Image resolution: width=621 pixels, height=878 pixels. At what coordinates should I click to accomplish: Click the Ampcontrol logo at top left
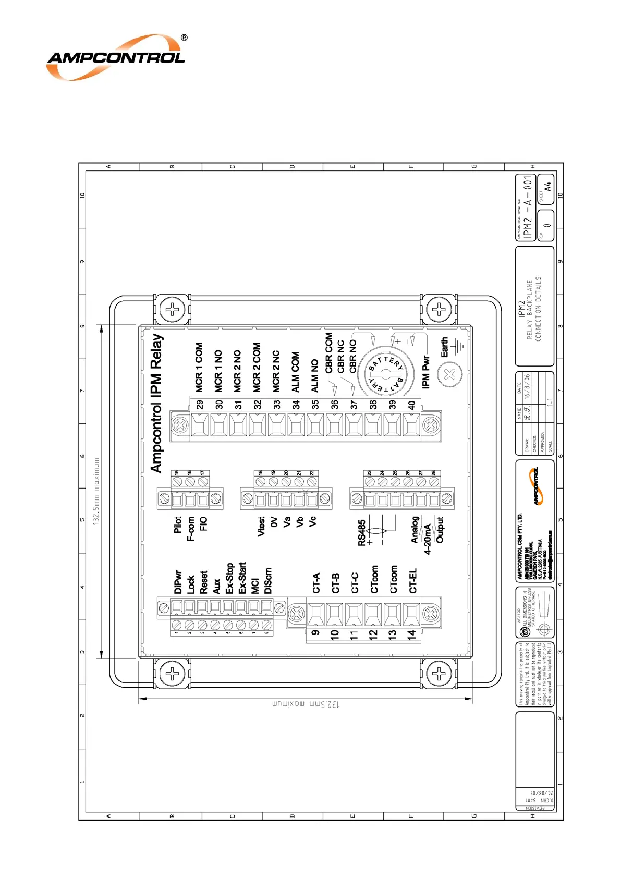pos(116,57)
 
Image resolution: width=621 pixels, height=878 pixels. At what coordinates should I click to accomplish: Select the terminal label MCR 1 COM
pos(199,367)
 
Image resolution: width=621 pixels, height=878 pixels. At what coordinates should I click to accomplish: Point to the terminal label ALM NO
pos(315,375)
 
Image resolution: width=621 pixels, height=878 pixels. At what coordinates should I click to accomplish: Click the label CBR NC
pos(341,357)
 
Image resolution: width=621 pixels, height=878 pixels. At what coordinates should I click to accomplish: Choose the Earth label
pos(444,347)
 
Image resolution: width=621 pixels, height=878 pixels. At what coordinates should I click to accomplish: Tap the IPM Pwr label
pos(426,372)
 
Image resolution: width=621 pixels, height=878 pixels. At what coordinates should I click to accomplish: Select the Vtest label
pos(261,526)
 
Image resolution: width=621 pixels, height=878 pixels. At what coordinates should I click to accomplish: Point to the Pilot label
pos(178,525)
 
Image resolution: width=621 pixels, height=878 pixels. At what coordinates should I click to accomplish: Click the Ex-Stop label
pos(229,578)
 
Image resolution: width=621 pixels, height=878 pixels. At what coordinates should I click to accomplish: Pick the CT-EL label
pos(413,581)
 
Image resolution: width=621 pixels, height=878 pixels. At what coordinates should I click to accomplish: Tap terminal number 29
pos(200,405)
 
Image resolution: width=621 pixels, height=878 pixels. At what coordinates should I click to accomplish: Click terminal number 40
pos(412,405)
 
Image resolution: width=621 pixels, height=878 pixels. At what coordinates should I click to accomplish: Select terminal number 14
pos(412,635)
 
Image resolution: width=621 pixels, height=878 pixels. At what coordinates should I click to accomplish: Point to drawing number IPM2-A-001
pos(528,207)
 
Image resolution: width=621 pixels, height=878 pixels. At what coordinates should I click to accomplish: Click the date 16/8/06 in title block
pos(527,386)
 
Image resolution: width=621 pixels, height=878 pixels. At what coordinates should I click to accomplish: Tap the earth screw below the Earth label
pos(449,374)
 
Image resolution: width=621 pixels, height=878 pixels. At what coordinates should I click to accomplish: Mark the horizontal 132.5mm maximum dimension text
pos(306,704)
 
